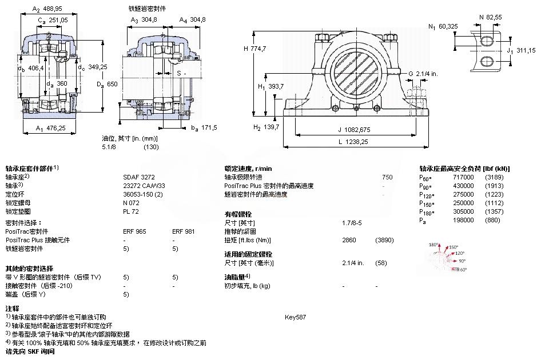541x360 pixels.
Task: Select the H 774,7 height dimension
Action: click(255, 49)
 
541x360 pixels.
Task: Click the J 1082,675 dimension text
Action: click(355, 130)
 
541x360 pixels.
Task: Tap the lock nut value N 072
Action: click(132, 203)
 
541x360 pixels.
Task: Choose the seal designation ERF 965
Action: click(134, 231)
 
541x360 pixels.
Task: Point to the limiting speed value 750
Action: click(387, 177)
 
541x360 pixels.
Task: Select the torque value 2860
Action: click(349, 240)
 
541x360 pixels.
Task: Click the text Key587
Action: click(295, 317)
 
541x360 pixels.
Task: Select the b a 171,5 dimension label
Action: click(203, 127)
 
